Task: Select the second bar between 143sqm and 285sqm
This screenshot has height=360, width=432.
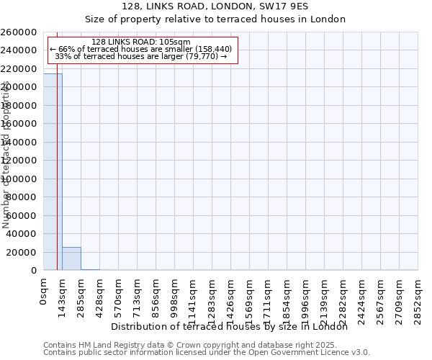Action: pyautogui.click(x=71, y=258)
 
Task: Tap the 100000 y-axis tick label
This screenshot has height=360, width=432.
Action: pyautogui.click(x=19, y=179)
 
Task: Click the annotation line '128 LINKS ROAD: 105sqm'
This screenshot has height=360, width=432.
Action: pyautogui.click(x=141, y=42)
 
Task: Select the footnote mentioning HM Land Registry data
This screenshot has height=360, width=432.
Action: pyautogui.click(x=205, y=345)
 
